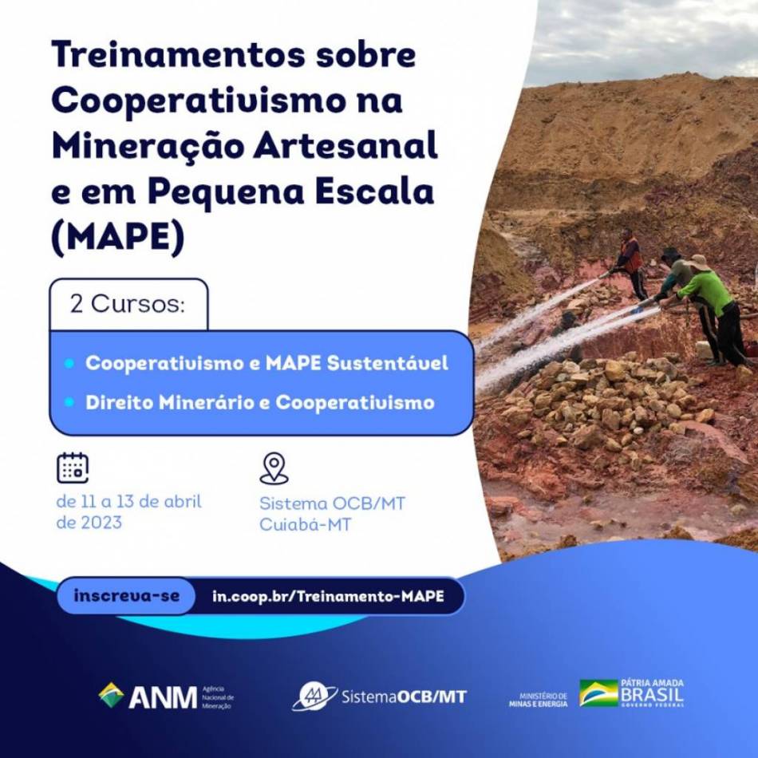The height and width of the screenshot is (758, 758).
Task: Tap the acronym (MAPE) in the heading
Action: [118, 237]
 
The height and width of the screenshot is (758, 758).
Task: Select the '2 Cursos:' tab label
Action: [128, 304]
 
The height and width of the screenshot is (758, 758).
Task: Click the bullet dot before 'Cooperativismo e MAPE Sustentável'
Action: [69, 363]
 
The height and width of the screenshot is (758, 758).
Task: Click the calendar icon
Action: [73, 468]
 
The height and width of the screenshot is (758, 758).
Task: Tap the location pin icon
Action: [274, 468]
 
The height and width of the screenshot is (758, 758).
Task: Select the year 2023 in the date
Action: [101, 523]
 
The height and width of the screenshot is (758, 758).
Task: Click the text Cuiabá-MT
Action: [305, 524]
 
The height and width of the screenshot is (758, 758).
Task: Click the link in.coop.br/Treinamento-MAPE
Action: [328, 596]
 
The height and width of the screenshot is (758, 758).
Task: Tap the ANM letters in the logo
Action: [163, 697]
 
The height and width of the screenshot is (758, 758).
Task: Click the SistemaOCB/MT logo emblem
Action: [314, 696]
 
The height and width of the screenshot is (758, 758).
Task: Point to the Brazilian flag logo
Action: [598, 693]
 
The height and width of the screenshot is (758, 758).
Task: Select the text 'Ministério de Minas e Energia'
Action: [538, 700]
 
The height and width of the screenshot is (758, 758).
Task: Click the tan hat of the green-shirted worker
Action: [697, 263]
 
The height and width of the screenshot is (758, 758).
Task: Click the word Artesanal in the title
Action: [345, 146]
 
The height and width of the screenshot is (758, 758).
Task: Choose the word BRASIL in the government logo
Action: [652, 695]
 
